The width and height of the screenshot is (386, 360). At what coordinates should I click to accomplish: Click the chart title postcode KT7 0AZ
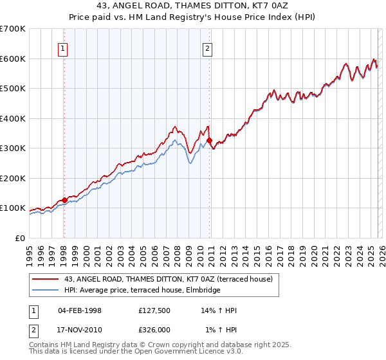point(265,6)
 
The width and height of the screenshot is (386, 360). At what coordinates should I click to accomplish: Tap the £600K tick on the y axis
point(13,59)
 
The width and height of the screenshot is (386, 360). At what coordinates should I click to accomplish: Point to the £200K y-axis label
point(13,178)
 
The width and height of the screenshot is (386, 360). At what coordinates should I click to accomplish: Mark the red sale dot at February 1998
point(64,200)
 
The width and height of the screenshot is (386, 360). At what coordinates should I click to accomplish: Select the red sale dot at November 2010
point(209,140)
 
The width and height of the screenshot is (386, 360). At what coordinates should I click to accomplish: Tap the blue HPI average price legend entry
point(142,290)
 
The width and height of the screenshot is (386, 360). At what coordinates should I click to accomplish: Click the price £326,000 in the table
point(155,330)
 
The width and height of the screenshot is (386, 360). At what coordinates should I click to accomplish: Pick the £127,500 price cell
point(155,310)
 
